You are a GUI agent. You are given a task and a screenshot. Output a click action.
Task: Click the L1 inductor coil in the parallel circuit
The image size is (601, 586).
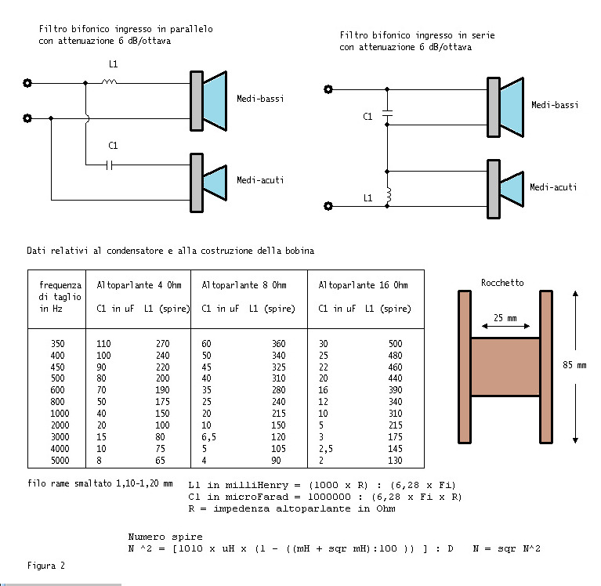[110, 81]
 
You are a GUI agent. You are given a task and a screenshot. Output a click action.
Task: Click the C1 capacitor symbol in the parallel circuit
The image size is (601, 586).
[111, 165]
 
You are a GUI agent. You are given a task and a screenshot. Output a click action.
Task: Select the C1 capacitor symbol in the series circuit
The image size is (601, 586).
[387, 116]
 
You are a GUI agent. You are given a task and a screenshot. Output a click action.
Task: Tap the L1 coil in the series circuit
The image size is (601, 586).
[387, 195]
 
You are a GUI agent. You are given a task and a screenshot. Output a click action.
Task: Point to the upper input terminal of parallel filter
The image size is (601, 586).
[28, 82]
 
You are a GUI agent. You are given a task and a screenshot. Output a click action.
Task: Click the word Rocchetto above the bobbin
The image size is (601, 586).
[502, 283]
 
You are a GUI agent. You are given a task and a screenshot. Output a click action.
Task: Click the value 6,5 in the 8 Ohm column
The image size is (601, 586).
[209, 437]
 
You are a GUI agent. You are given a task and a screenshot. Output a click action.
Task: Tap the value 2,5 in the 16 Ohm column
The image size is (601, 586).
[326, 449]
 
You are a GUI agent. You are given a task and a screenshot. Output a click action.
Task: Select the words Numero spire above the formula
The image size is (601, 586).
[165, 537]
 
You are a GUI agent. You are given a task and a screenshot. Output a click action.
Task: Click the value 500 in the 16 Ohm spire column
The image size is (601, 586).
[395, 343]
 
